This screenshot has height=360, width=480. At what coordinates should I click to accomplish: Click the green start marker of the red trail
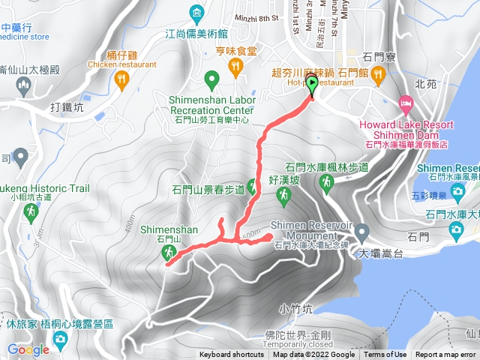[x=312, y=85]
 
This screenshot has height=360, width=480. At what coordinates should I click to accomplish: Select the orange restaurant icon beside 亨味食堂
[x=237, y=67]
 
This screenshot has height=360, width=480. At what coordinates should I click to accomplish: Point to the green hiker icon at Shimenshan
[x=167, y=254]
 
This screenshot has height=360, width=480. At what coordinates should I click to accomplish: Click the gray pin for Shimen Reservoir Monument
[x=362, y=230]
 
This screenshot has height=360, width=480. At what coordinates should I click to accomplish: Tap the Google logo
[x=28, y=349]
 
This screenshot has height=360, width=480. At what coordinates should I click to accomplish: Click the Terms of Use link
[x=385, y=355]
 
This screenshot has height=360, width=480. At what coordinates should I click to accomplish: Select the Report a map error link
[x=445, y=355]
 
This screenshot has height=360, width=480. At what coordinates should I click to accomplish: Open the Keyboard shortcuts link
[x=231, y=355]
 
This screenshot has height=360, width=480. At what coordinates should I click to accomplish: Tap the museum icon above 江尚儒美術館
[x=196, y=13]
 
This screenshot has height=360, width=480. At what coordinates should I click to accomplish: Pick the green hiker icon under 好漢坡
[x=283, y=196]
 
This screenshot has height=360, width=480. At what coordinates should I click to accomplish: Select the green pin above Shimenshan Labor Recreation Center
[x=212, y=79]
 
